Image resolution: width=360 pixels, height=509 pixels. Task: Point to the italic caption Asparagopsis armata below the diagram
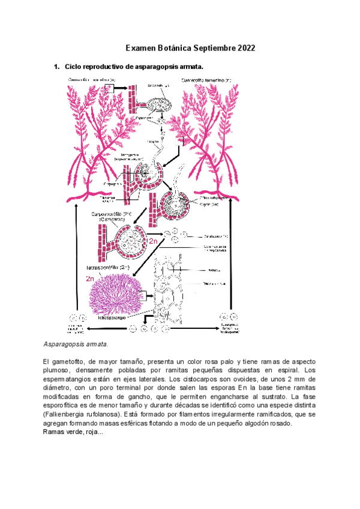pyautogui.click(x=76, y=345)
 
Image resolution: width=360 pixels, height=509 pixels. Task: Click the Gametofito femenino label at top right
pyautogui.click(x=205, y=79)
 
